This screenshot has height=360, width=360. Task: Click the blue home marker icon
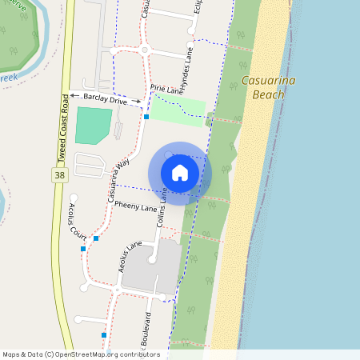tap(180, 173)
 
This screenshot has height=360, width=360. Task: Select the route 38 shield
tap(60, 174)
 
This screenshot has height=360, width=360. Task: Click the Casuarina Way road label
tap(117, 183)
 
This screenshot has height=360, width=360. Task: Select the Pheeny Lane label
tap(136, 207)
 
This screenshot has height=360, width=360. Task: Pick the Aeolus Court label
tap(78, 222)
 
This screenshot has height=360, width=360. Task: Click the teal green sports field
tap(94, 126)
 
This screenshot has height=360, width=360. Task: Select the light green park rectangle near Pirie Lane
tap(178, 109)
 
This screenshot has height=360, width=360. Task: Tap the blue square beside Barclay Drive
tap(146, 117)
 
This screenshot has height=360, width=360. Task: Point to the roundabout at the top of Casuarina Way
tap(145, 50)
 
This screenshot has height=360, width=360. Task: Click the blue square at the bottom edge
tap(104, 334)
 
